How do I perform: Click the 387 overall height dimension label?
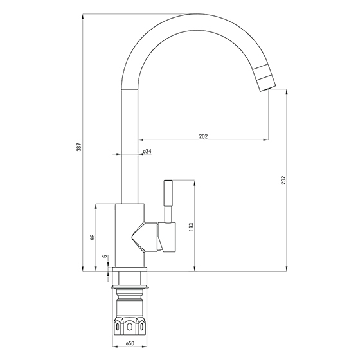79,147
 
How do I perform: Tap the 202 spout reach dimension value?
203,136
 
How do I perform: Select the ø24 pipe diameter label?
147,151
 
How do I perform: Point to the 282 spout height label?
283,180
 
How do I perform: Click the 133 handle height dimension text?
192,226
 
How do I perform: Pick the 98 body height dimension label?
93,237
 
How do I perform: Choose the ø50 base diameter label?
130,343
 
